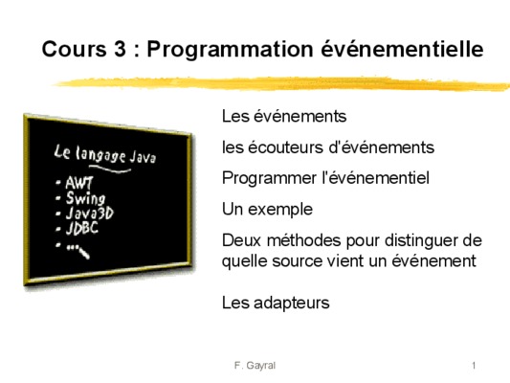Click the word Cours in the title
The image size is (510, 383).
(x=74, y=49)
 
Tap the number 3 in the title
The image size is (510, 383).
(x=120, y=49)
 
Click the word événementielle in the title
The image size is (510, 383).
(x=402, y=49)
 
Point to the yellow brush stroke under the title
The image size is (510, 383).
(x=281, y=83)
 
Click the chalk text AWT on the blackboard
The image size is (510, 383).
(x=79, y=183)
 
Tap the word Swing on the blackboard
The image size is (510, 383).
(x=85, y=198)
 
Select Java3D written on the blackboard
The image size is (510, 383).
(x=89, y=214)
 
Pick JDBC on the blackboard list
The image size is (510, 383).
(x=82, y=228)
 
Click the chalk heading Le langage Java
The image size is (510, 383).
(x=104, y=154)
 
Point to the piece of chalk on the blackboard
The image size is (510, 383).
(x=84, y=253)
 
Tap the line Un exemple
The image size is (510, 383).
(x=267, y=209)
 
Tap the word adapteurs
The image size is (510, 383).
(x=292, y=304)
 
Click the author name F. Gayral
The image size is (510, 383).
(x=255, y=366)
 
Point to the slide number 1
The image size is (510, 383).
(x=474, y=366)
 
